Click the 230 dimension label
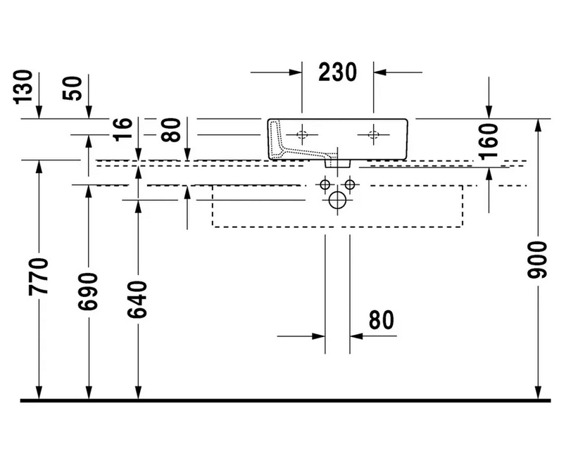pos(337,72)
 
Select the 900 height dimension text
pos(537,260)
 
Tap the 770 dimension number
pos(38,276)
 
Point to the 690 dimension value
pos(88,291)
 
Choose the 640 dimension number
pos(138,300)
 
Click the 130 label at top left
pos(23,87)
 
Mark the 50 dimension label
pos(73,89)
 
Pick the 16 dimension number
pos(122,129)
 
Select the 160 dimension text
pos(488,141)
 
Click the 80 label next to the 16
pos(171,130)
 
